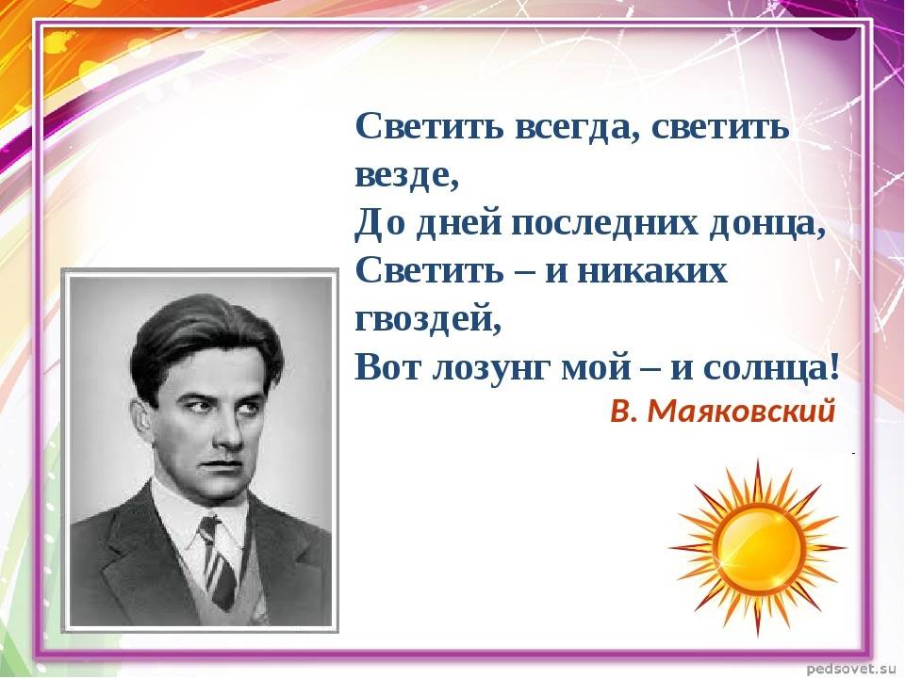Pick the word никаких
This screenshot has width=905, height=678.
pyautogui.click(x=651, y=271)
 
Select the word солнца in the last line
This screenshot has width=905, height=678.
pyautogui.click(x=765, y=368)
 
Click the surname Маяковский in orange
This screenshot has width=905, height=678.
pyautogui.click(x=741, y=412)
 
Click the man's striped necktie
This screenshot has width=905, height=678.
pyautogui.click(x=217, y=561)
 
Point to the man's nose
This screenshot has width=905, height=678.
pyautogui.click(x=232, y=435)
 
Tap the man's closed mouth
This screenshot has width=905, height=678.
pyautogui.click(x=224, y=466)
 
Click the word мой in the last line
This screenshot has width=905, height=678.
pyautogui.click(x=596, y=366)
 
